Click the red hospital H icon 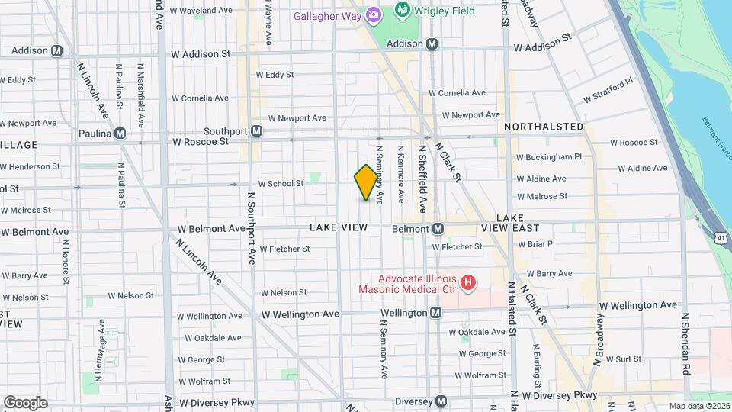[469, 282]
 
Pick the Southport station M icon [257, 131]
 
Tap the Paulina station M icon [119, 134]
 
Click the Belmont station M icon [438, 228]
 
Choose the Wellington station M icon [435, 313]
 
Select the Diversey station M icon [441, 401]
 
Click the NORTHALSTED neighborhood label [543, 127]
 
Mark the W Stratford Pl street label [608, 91]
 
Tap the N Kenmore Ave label [400, 169]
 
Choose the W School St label [281, 184]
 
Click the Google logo [25, 402]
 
